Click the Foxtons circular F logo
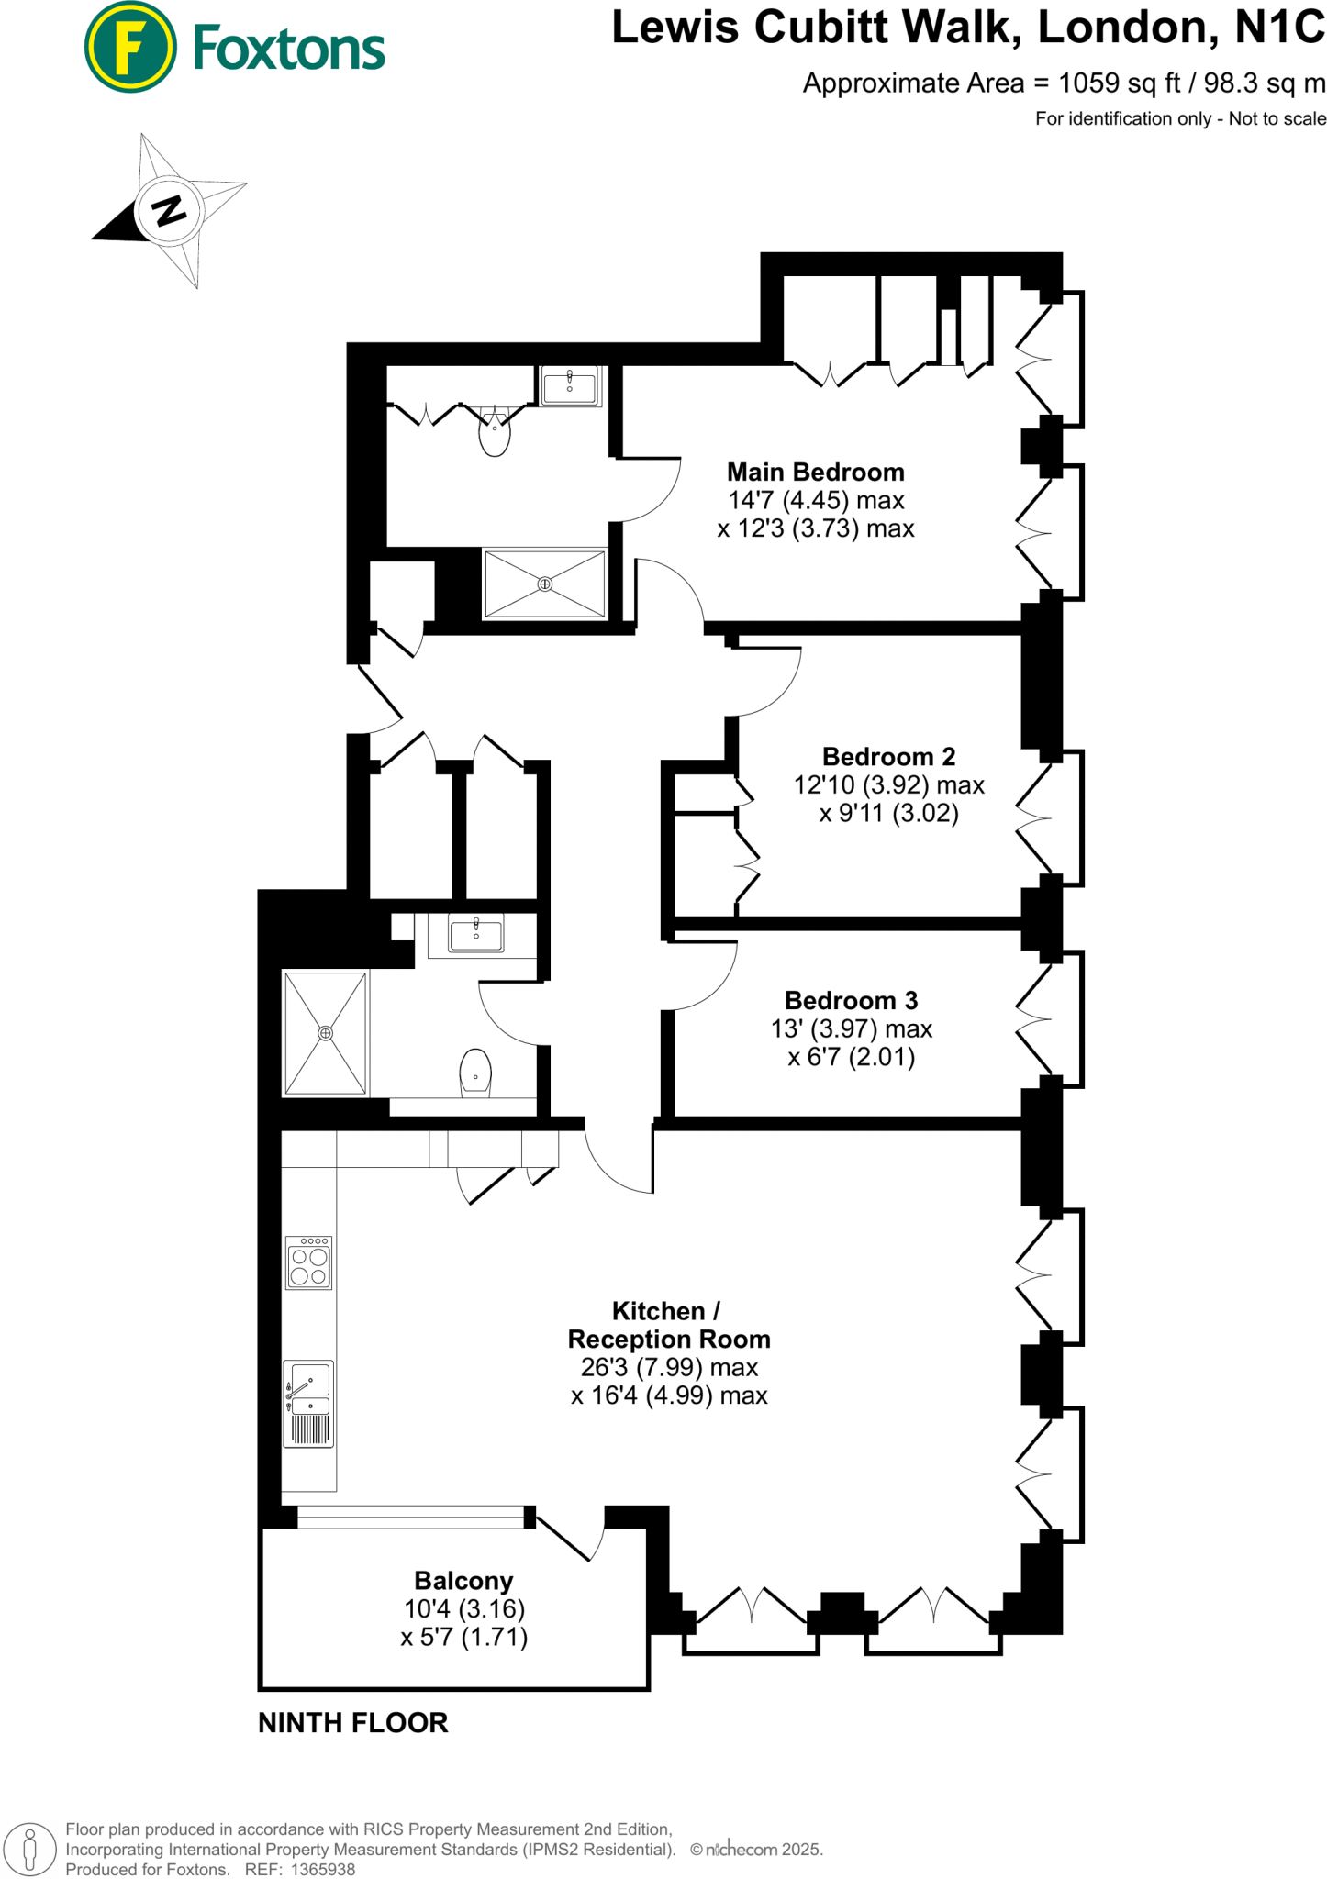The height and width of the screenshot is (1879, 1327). tap(130, 48)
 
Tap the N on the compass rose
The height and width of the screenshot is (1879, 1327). tap(169, 210)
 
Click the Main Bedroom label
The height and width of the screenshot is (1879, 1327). tap(815, 473)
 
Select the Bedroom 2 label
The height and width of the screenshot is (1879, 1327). tap(888, 757)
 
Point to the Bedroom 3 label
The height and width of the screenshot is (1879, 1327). tap(851, 1000)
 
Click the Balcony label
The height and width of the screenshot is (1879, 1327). tap(463, 1581)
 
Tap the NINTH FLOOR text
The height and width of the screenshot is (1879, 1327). tap(353, 1723)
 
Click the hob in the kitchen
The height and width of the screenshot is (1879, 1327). tap(308, 1263)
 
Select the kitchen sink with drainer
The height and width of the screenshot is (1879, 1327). tap(308, 1404)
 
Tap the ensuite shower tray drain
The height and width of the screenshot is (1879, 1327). tap(545, 584)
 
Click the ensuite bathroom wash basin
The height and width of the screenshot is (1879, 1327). tap(570, 385)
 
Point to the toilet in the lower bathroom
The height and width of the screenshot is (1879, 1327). tap(475, 1073)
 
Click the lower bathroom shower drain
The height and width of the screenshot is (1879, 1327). tap(325, 1033)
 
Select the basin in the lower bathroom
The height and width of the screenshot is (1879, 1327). tap(475, 935)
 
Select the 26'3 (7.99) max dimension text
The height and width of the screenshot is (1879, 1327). tap(669, 1367)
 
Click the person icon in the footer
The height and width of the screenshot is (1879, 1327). tap(29, 1849)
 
